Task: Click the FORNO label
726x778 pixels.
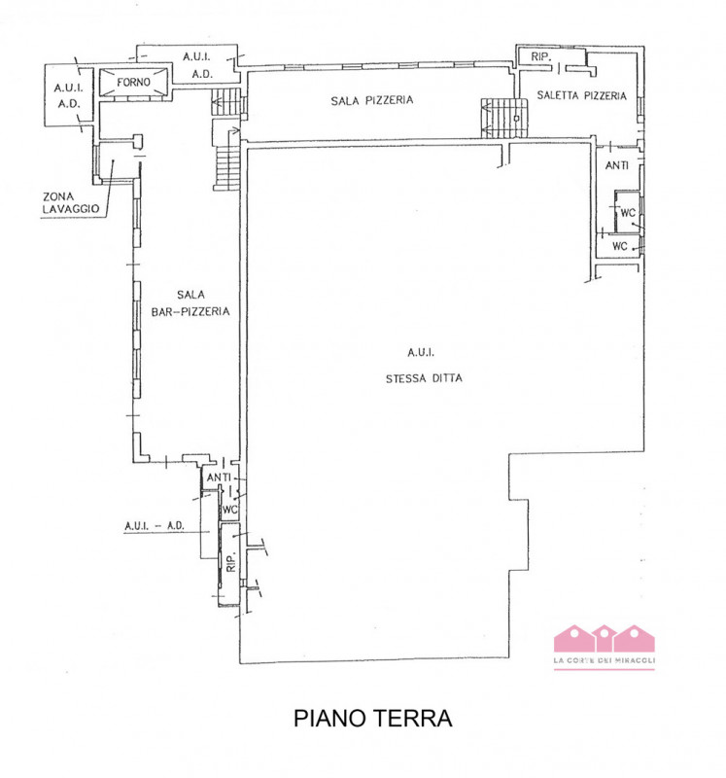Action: click(x=133, y=82)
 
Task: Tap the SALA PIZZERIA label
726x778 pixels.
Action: click(x=372, y=100)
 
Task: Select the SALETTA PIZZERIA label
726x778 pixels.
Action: click(x=582, y=95)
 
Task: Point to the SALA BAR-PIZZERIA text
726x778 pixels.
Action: click(x=190, y=303)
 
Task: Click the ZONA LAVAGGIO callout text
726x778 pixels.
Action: click(x=70, y=203)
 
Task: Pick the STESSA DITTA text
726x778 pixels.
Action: click(x=424, y=378)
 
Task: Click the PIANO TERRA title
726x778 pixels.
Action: click(x=372, y=718)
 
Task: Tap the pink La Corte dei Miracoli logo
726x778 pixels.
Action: click(x=604, y=647)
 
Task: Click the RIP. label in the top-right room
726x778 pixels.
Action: click(x=541, y=57)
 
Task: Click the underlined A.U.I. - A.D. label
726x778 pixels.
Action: click(x=155, y=526)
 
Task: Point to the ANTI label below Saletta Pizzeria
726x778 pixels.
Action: click(x=617, y=165)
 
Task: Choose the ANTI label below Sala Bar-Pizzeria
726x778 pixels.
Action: click(x=219, y=477)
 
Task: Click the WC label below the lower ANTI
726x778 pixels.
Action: click(x=229, y=510)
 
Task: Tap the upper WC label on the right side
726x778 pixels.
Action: click(x=628, y=213)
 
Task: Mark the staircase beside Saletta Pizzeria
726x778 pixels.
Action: click(x=503, y=118)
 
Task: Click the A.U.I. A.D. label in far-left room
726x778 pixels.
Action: click(x=68, y=95)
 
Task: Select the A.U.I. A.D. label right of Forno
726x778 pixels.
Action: click(x=197, y=65)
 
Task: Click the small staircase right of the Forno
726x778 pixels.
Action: click(x=226, y=102)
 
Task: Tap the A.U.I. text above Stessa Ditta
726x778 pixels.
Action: click(x=421, y=352)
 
